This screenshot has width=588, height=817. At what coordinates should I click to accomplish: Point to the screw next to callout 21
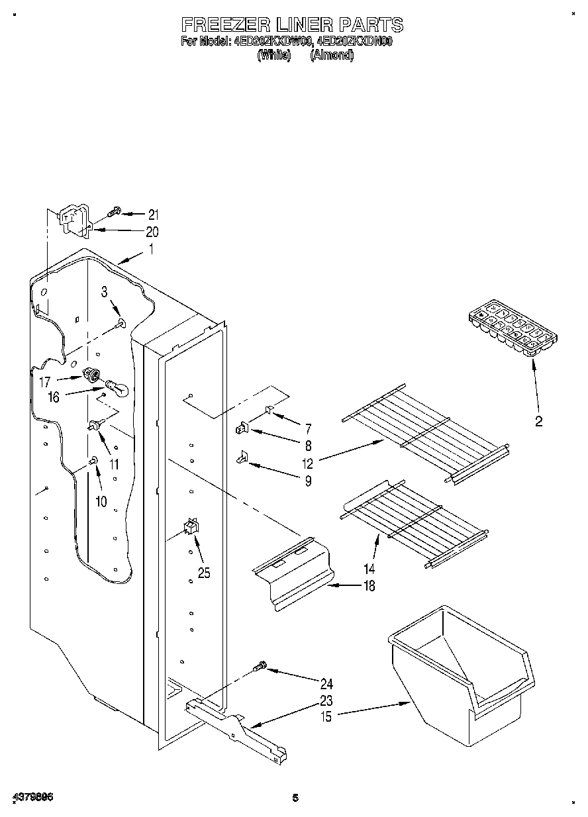pyautogui.click(x=115, y=211)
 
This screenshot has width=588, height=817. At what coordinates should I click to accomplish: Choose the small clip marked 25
pyautogui.click(x=191, y=528)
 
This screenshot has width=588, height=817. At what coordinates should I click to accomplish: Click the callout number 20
pyautogui.click(x=152, y=232)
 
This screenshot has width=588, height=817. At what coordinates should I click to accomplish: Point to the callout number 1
pyautogui.click(x=151, y=250)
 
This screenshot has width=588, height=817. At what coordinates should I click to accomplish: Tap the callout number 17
pyautogui.click(x=44, y=381)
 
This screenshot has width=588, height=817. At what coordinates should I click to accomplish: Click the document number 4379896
pyautogui.click(x=32, y=798)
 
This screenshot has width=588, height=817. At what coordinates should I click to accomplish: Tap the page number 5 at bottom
pyautogui.click(x=295, y=798)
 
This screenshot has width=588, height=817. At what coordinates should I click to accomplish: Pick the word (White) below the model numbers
pyautogui.click(x=274, y=56)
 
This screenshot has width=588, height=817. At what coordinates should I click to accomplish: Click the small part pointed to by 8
pyautogui.click(x=241, y=429)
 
